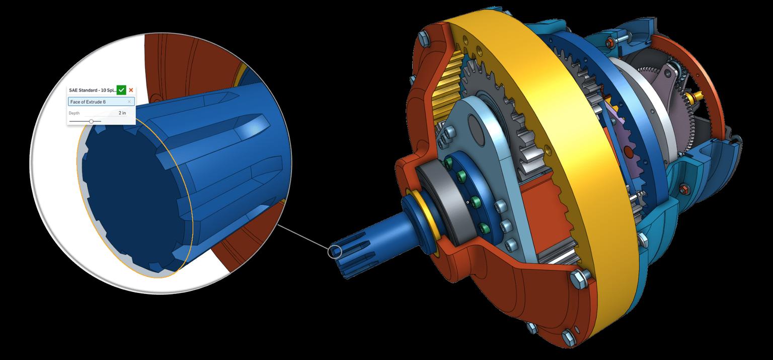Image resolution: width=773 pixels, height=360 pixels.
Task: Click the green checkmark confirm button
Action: (x=121, y=90)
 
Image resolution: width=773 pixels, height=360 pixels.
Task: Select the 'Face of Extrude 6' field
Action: (x=98, y=102)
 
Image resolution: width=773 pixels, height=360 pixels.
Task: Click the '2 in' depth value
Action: (x=122, y=113)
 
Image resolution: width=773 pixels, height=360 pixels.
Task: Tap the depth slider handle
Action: (x=91, y=121)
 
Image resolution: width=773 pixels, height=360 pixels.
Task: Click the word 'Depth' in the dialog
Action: (x=74, y=113)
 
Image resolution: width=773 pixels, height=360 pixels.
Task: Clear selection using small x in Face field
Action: (x=129, y=102)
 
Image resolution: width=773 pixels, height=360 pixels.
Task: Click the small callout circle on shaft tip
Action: (x=335, y=251)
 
